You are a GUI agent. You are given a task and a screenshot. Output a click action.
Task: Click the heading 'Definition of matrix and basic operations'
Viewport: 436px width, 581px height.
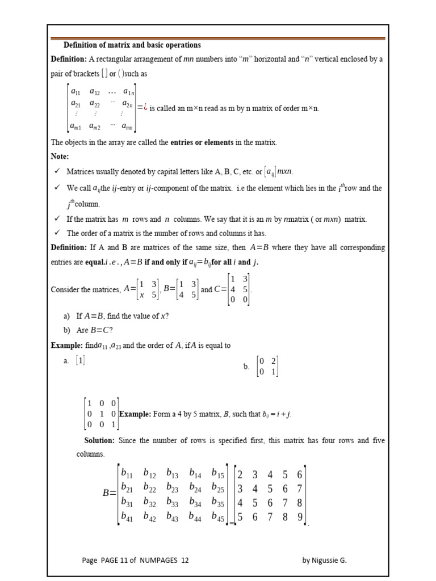tap(132, 45)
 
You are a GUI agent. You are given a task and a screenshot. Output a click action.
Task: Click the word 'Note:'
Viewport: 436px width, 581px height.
tap(61, 155)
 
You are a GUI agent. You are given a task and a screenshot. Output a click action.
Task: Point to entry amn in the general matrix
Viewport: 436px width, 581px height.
tap(127, 128)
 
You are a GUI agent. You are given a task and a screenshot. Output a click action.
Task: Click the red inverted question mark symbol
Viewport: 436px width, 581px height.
tap(146, 108)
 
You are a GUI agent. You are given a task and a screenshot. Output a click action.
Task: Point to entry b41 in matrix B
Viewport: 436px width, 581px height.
tap(127, 516)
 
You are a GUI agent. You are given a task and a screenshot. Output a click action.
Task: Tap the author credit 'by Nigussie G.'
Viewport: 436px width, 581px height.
tap(324, 560)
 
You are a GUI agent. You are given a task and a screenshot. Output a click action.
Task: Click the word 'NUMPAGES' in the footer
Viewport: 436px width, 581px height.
tap(158, 560)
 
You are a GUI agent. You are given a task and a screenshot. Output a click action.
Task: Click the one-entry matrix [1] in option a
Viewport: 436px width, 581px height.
tap(81, 360)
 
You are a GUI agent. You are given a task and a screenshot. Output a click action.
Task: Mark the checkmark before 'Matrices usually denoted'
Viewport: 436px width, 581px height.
tap(57, 171)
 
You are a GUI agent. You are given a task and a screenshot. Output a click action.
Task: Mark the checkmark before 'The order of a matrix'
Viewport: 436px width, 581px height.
tap(57, 233)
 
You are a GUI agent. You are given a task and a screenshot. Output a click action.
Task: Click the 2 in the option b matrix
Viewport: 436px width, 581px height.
tap(273, 361)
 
